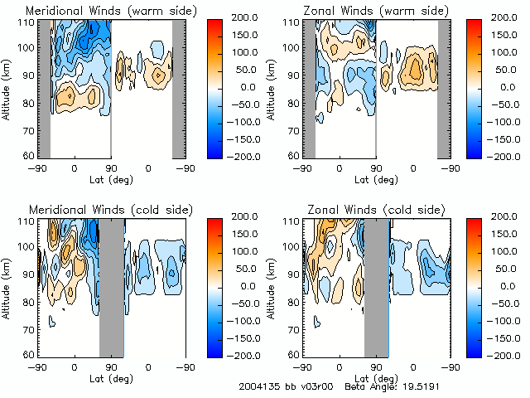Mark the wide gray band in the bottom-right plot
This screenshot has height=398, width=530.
tap(377, 286)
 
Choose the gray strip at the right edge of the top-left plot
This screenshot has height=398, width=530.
tap(178, 87)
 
